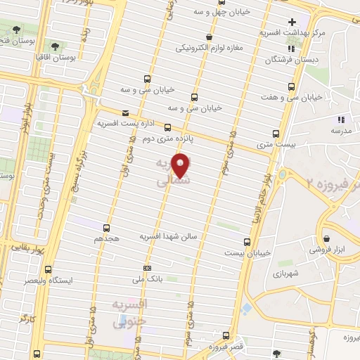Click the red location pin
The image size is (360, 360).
[x=181, y=165]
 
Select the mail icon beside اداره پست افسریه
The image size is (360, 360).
[x=126, y=112]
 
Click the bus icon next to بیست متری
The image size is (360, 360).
[x=276, y=133]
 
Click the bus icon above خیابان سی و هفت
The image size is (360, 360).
[x=291, y=85]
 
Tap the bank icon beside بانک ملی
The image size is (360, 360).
[x=147, y=268]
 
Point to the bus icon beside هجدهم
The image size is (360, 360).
[x=106, y=228]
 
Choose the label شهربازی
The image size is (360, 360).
[x=288, y=272]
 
